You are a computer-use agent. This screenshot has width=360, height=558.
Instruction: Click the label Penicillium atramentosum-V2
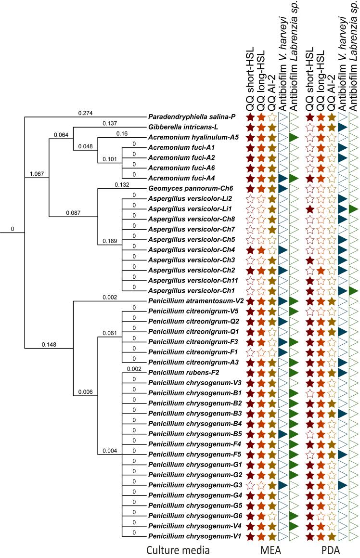(x=193, y=300)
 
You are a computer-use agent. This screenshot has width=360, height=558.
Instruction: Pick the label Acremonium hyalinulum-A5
(x=193, y=137)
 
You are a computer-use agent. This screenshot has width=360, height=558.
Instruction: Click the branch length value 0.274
(x=85, y=113)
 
